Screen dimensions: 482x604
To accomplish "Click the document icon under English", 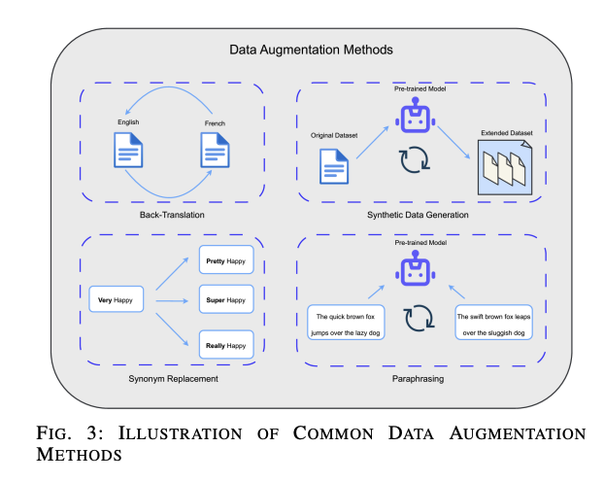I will [x=129, y=152].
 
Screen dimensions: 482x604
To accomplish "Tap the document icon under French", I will [x=215, y=152].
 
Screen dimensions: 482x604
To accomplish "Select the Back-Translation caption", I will [x=171, y=214].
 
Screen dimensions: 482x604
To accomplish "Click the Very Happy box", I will [x=116, y=300].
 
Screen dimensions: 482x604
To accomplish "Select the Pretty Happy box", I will [x=223, y=260].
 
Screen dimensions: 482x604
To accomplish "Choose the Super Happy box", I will [x=223, y=300].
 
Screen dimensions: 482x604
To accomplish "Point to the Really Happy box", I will [x=223, y=344].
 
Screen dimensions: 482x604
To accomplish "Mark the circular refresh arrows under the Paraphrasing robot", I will [x=418, y=319].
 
